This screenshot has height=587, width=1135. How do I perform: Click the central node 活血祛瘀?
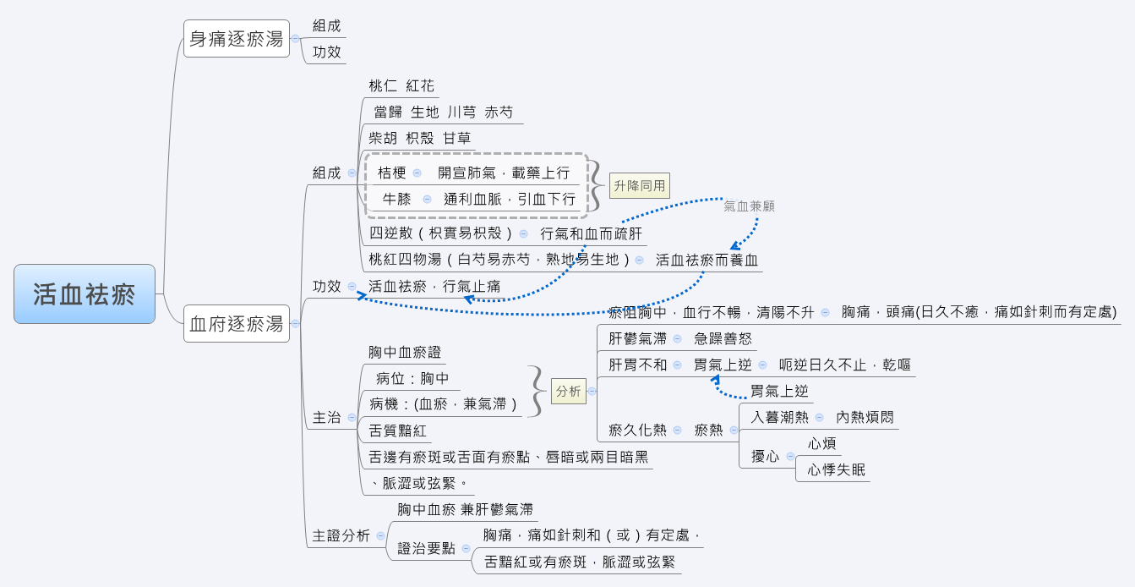click(x=85, y=293)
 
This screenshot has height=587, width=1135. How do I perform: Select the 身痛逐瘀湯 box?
click(x=237, y=39)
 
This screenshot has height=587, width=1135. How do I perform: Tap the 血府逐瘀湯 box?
click(x=237, y=323)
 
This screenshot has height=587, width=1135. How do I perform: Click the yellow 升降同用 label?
click(x=640, y=185)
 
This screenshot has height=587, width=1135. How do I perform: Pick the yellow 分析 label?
click(x=568, y=391)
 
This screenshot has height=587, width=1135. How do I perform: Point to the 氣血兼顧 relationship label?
click(x=749, y=206)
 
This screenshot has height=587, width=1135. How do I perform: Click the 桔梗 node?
click(x=392, y=173)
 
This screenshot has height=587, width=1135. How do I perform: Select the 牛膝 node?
click(x=396, y=199)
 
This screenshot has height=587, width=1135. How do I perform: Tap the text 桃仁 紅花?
click(x=401, y=85)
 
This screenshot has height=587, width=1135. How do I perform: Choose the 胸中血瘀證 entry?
click(x=405, y=352)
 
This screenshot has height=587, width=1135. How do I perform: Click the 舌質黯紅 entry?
click(x=397, y=431)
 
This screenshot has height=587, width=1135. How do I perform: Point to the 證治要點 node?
click(x=426, y=548)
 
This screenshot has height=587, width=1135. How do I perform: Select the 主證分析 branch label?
click(x=341, y=535)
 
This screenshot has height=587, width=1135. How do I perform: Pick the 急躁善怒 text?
click(x=723, y=338)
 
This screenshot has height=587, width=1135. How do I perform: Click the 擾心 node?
click(x=766, y=456)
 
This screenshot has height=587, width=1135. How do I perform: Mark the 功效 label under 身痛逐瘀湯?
click(x=326, y=52)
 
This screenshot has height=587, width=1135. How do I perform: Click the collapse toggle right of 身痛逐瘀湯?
click(x=295, y=39)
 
